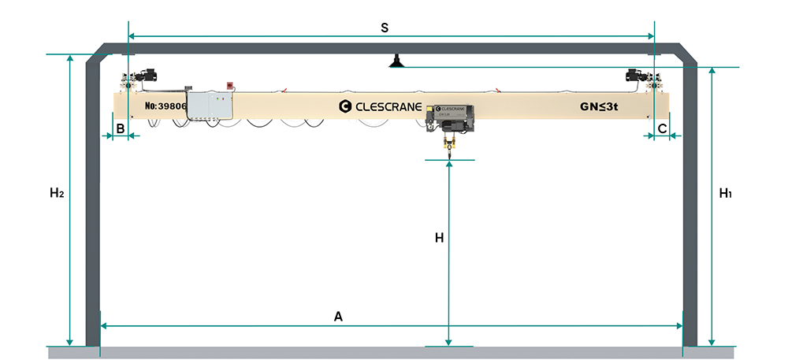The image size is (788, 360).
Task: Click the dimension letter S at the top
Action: [x=385, y=28]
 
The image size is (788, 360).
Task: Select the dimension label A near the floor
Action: [x=339, y=317]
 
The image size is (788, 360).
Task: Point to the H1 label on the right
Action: [x=726, y=192]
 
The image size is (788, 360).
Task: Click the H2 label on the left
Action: [x=55, y=192]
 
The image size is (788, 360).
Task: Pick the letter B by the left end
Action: [x=121, y=127]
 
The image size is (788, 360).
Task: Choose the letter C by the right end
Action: [x=662, y=127]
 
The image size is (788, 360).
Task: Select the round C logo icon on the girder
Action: [x=344, y=106]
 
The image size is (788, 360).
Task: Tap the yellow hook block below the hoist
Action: [x=451, y=145]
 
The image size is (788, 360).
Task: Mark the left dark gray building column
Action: [x=92, y=205]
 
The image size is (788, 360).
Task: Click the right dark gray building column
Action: [x=690, y=205]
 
